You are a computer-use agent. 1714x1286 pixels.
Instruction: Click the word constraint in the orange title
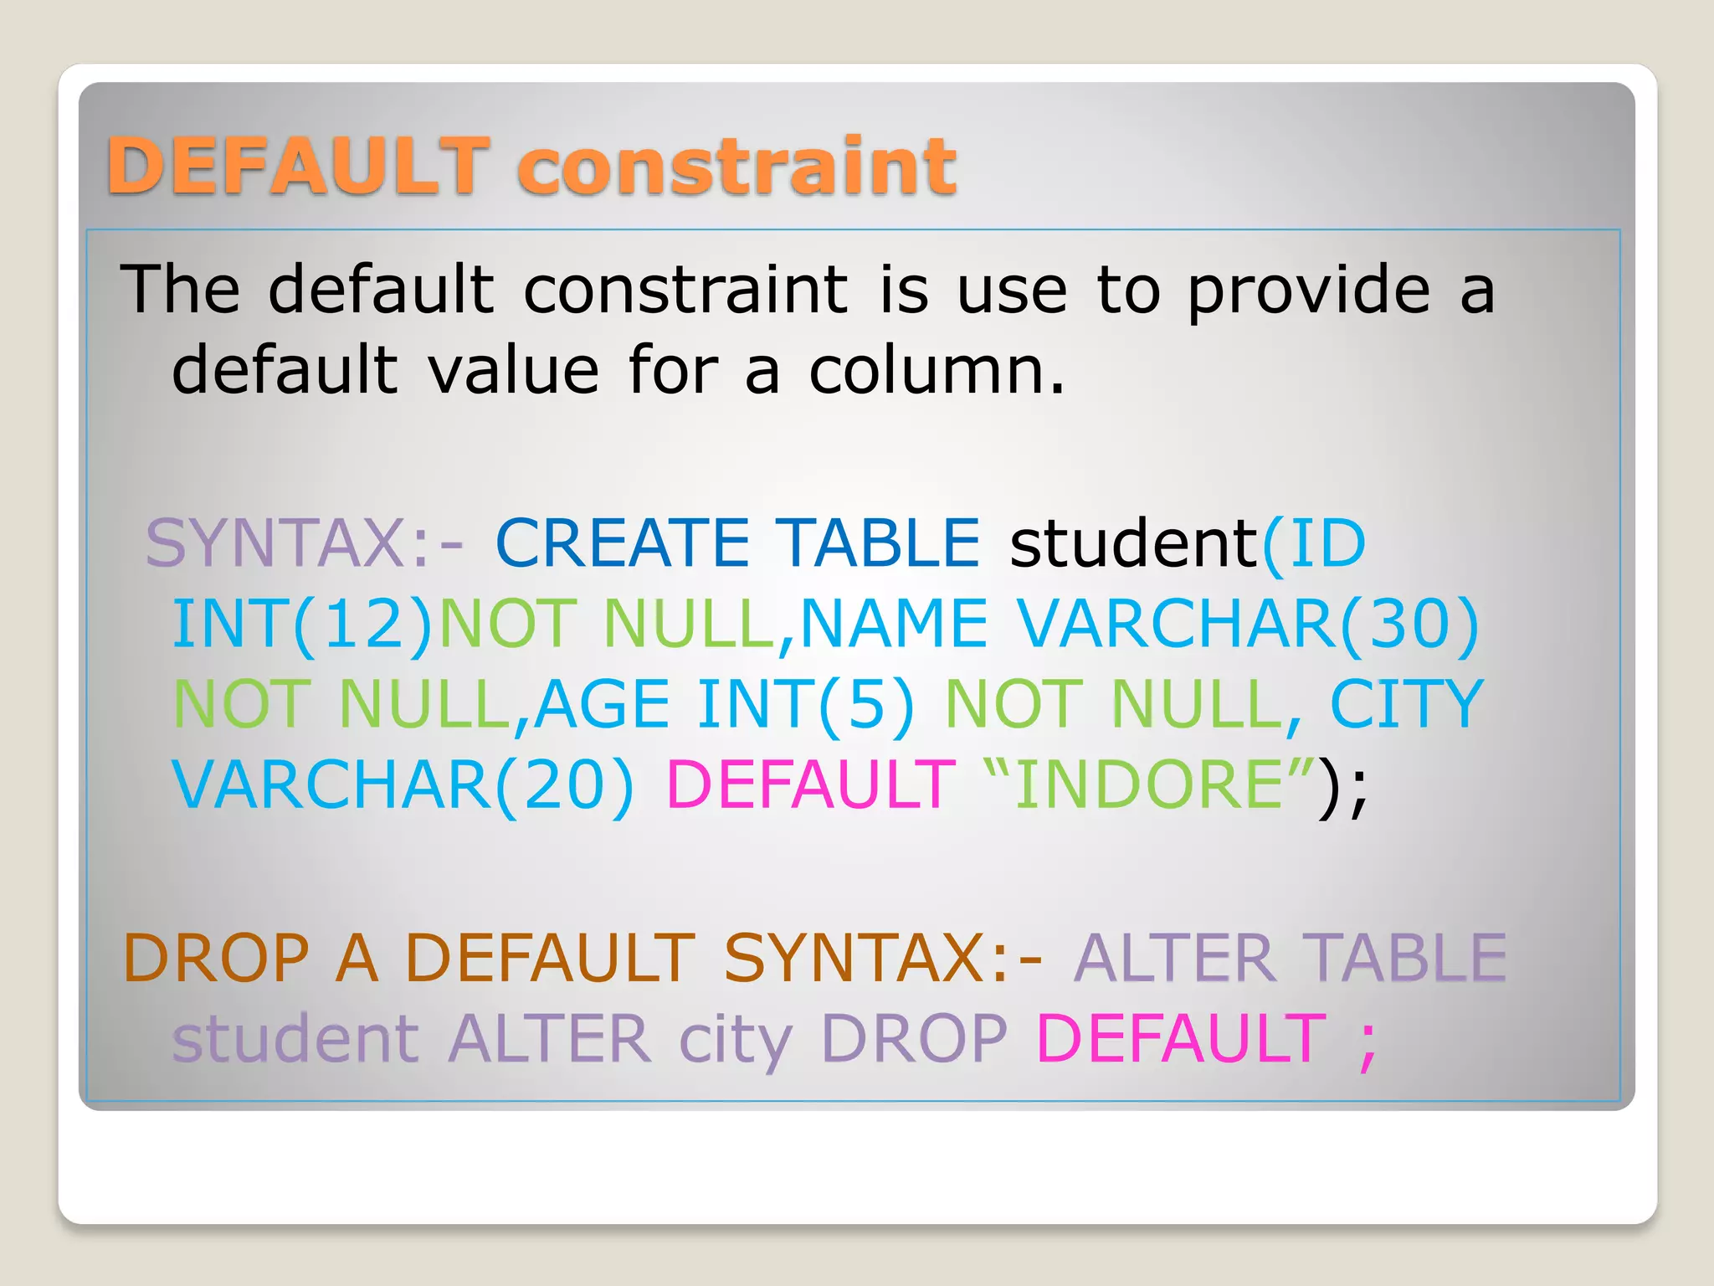coord(736,165)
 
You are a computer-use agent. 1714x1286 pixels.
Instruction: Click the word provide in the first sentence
coord(1309,291)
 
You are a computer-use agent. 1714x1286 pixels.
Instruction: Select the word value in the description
coord(514,370)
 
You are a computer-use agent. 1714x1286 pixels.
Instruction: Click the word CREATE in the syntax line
coord(623,543)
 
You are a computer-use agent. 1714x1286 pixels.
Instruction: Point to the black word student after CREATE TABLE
coord(1134,543)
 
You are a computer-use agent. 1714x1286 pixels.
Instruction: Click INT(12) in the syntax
coord(301,624)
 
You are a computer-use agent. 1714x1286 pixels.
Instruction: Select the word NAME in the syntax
coord(894,624)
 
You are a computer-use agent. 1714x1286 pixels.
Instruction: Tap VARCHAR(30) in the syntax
coord(1248,624)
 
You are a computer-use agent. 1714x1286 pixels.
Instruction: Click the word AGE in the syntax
coord(602,704)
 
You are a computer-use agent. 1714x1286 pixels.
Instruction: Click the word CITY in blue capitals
coord(1406,704)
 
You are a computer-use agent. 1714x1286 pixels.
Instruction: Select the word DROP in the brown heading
coord(216,958)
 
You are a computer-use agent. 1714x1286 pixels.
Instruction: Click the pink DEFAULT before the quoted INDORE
coord(810,784)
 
